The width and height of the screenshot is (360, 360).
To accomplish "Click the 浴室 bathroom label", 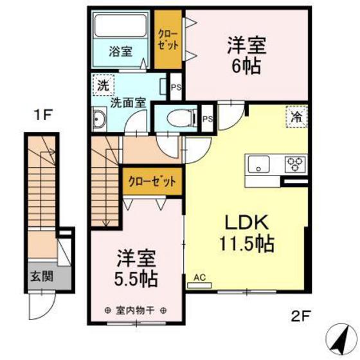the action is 121,51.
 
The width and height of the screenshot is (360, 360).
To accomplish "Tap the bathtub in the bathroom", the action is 121,25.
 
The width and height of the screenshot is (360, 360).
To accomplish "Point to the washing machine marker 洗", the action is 104,85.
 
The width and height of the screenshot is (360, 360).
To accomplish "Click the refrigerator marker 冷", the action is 296,116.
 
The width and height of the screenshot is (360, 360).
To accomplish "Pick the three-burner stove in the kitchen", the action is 296,164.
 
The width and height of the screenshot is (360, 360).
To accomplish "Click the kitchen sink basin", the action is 259,164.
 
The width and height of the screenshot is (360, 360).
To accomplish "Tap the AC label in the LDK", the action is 199,278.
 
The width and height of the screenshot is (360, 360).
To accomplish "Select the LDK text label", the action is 247,222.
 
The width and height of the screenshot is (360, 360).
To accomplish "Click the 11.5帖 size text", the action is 247,244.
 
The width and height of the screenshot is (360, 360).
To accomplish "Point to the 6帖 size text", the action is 246,66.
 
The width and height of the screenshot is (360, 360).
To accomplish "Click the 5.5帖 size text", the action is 136,278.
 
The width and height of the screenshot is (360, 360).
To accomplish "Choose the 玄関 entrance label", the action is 42,276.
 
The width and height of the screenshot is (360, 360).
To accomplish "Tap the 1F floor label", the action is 44,115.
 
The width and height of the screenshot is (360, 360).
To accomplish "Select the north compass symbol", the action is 342,340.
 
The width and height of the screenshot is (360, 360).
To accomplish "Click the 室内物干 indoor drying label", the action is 135,311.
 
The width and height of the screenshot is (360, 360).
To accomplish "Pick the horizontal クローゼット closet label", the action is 152,181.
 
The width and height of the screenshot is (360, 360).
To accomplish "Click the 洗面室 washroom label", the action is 128,103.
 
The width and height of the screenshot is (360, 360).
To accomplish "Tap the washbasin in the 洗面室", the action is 99,119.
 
